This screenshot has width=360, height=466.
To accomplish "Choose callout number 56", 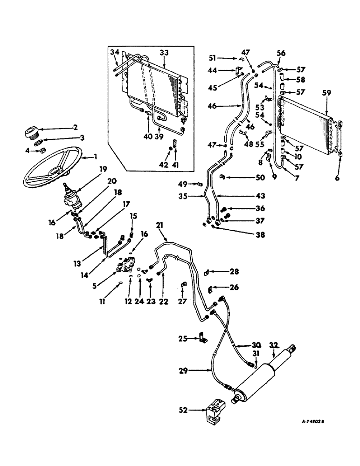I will pyautogui.click(x=282, y=54).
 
